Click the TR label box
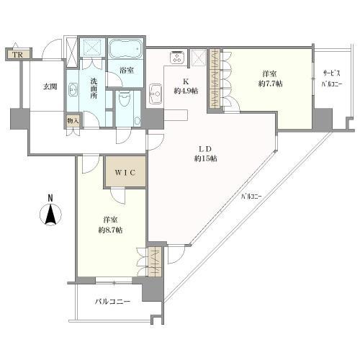click(x=15, y=54)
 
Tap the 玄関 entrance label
click(x=49, y=87)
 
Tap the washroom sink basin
click(x=76, y=91)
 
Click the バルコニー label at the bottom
click(x=112, y=301)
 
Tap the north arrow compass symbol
click(x=49, y=215)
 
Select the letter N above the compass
click(x=49, y=197)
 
